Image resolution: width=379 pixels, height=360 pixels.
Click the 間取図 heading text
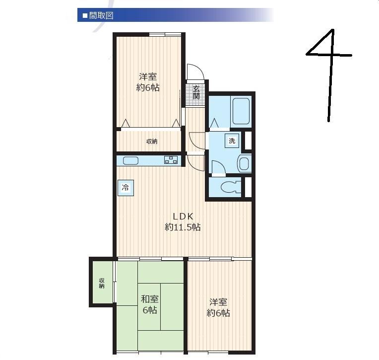(101, 16)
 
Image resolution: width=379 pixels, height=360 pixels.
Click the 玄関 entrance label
(196, 92)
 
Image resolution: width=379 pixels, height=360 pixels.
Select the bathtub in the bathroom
(241, 111)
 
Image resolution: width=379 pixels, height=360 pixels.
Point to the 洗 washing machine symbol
(232, 141)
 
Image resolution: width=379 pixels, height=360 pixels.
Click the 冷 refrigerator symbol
(126, 188)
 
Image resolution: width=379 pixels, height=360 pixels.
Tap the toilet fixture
(231, 187)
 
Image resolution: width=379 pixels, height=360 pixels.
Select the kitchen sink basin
(130, 160)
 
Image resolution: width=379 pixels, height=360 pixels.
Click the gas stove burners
(171, 160)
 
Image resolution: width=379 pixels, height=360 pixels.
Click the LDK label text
(183, 216)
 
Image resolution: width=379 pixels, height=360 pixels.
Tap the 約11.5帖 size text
(183, 227)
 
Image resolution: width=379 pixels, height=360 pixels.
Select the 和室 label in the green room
(150, 299)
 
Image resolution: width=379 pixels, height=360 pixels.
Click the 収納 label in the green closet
(102, 283)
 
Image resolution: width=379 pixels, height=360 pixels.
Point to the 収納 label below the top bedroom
(152, 142)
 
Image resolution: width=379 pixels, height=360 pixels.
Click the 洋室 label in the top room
(148, 76)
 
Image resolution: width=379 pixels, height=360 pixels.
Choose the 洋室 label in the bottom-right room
(218, 302)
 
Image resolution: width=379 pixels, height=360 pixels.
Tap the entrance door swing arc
(199, 67)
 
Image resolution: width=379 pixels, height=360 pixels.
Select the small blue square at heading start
(85, 16)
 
